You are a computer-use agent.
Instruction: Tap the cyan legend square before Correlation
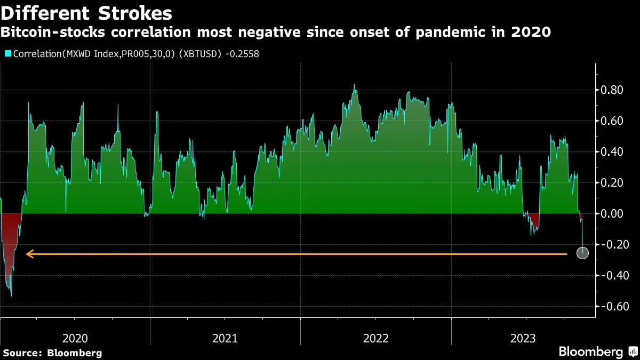[x=7, y=54]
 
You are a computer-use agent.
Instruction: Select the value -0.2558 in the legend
[x=241, y=54]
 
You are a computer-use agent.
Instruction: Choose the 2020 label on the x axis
[x=75, y=338]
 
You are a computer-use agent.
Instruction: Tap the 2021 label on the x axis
[x=225, y=338]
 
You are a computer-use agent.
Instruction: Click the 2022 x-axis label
[x=376, y=338]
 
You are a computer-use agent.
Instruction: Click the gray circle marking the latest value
[x=582, y=253]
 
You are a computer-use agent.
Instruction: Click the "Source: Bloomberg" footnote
[x=52, y=353]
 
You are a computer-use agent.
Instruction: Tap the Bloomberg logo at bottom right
[x=597, y=352]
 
